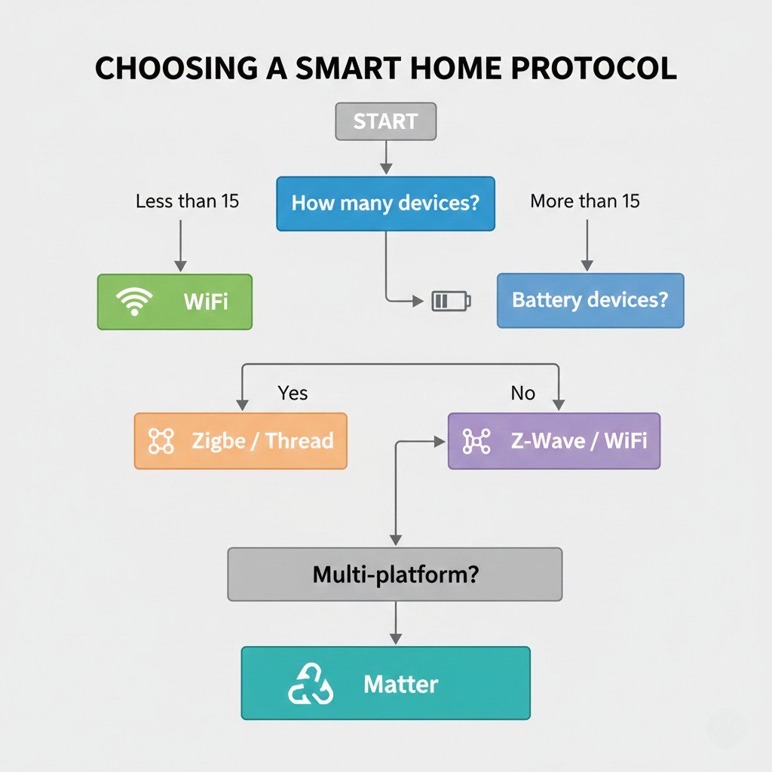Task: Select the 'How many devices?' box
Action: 385,204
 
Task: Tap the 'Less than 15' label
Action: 188,201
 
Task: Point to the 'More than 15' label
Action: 585,201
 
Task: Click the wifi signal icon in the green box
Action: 134,302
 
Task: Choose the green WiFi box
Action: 175,302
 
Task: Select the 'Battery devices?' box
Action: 590,300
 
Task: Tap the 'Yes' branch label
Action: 293,393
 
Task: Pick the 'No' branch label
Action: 522,393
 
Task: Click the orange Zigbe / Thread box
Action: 240,441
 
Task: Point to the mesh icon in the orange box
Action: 161,441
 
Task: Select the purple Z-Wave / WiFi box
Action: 554,441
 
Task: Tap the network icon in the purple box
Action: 476,441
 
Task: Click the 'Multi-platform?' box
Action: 394,574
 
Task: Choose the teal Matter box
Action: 385,683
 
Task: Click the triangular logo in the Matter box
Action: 310,685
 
